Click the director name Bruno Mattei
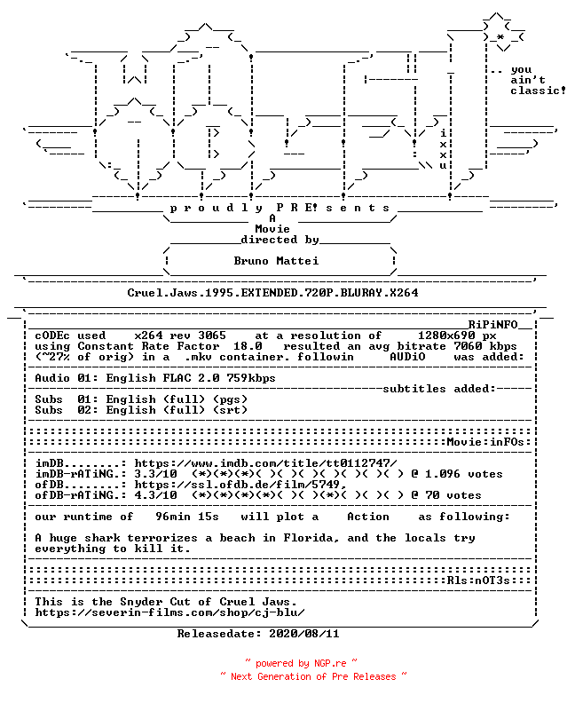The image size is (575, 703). pyautogui.click(x=276, y=260)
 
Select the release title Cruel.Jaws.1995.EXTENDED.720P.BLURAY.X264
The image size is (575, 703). pyautogui.click(x=272, y=293)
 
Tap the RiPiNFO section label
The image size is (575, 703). pyautogui.click(x=493, y=325)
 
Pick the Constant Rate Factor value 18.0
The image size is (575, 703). pyautogui.click(x=248, y=346)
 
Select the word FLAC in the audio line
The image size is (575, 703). pyautogui.click(x=177, y=378)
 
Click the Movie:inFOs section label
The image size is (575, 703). pyautogui.click(x=485, y=442)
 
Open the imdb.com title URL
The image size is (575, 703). pyautogui.click(x=265, y=463)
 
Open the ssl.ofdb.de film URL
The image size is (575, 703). pyautogui.click(x=240, y=485)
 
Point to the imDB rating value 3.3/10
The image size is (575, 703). pyautogui.click(x=155, y=474)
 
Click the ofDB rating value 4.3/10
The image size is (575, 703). pyautogui.click(x=155, y=495)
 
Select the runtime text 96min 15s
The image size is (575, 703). pyautogui.click(x=187, y=517)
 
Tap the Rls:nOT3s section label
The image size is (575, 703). pyautogui.click(x=478, y=581)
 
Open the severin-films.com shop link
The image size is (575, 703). pyautogui.click(x=169, y=612)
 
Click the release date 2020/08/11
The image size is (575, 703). pyautogui.click(x=303, y=634)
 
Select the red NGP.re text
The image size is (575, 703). pyautogui.click(x=330, y=663)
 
